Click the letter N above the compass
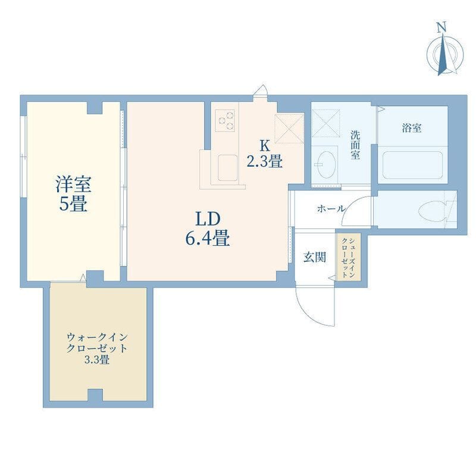pyautogui.click(x=441, y=27)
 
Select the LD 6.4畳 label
pyautogui.click(x=208, y=228)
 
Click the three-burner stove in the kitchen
pyautogui.click(x=225, y=121)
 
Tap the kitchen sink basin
pyautogui.click(x=227, y=168)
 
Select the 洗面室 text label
pyautogui.click(x=355, y=145)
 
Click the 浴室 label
pyautogui.click(x=412, y=128)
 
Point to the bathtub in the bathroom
pyautogui.click(x=412, y=165)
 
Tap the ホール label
pyautogui.click(x=331, y=209)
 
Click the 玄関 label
pyautogui.click(x=315, y=257)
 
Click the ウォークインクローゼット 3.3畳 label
pyautogui.click(x=97, y=349)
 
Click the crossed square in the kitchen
pyautogui.click(x=289, y=128)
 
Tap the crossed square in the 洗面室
pyautogui.click(x=325, y=123)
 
